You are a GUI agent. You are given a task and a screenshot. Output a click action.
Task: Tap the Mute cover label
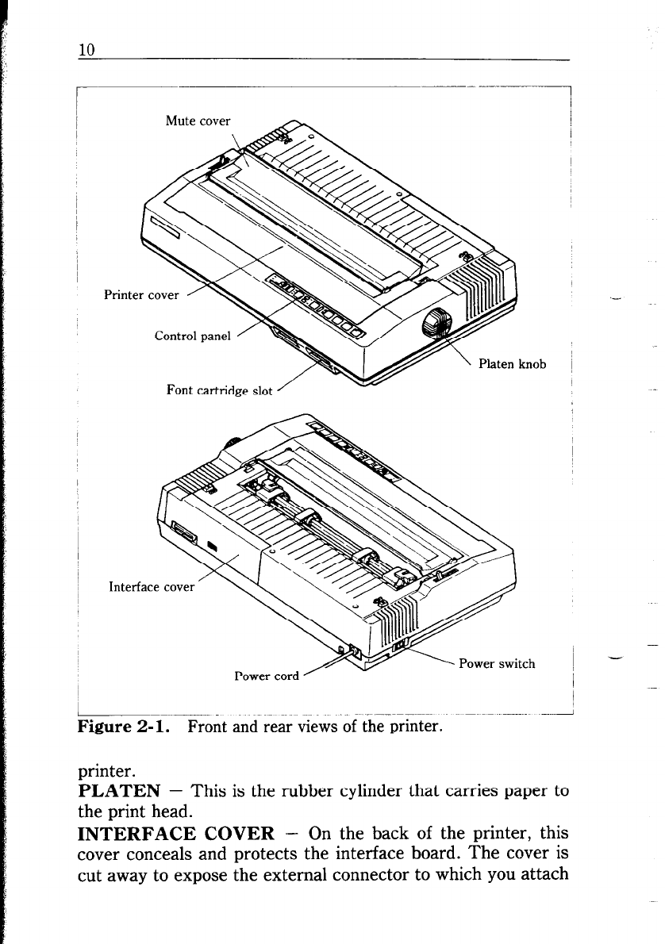[x=198, y=121]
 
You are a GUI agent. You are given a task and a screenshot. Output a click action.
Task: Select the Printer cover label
[x=141, y=296]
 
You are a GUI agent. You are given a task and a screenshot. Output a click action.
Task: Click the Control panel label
[x=193, y=336]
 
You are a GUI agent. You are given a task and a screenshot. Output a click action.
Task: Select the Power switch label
[x=497, y=664]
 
